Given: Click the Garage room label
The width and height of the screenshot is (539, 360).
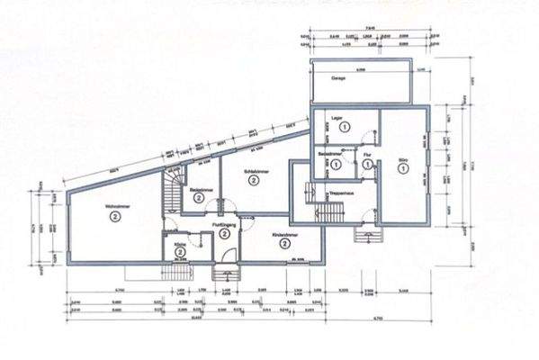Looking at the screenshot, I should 339,78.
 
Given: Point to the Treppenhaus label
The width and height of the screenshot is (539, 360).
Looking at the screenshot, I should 338,192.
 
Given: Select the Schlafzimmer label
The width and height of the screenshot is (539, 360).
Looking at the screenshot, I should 256,170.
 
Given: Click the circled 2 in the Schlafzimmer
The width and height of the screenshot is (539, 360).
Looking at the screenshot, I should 256,180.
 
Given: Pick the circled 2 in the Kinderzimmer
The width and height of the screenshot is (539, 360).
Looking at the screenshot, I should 284,243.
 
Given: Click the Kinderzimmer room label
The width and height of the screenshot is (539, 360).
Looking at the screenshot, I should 284,234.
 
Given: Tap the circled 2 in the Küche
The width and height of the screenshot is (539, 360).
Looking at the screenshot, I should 180,253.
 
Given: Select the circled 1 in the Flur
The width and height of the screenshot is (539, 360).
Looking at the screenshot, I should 368,165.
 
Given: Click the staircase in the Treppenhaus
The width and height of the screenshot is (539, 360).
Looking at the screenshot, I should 330,210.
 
